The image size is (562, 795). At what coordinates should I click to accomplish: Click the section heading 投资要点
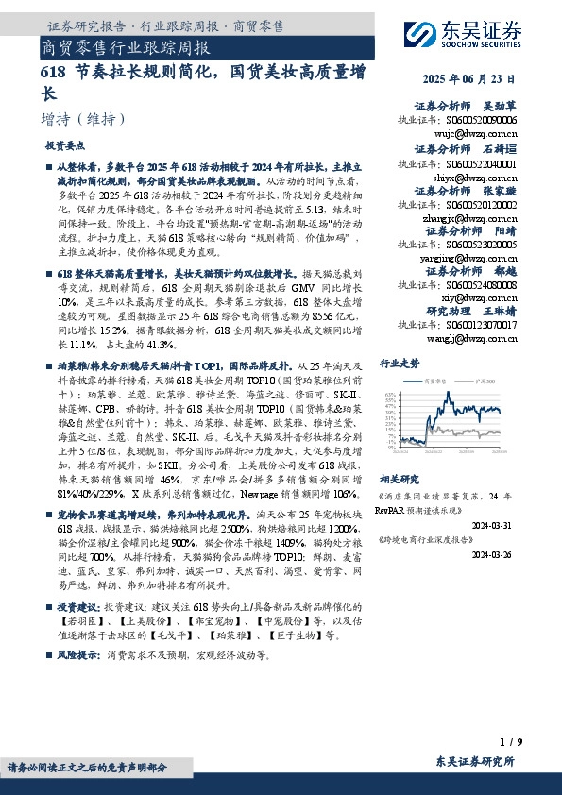tap(65, 146)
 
